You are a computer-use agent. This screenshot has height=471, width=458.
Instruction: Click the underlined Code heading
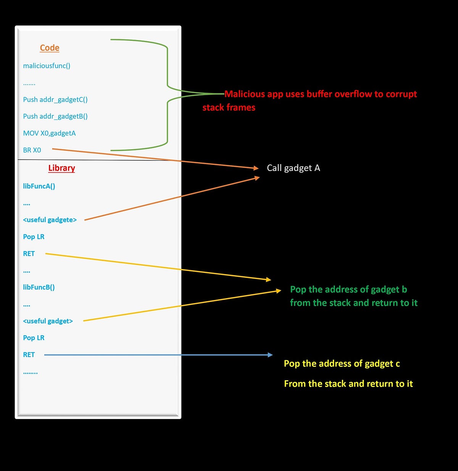50,48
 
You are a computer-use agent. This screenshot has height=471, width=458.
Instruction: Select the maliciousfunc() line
47,66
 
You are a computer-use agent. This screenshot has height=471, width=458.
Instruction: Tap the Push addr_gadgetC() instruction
55,100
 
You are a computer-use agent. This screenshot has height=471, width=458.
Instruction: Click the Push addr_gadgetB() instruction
55,116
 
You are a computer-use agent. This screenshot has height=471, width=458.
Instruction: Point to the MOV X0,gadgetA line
49,133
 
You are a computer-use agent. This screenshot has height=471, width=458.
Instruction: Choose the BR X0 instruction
32,150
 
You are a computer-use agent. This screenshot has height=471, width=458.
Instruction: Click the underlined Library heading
61,168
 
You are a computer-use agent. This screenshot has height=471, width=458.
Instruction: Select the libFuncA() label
39,186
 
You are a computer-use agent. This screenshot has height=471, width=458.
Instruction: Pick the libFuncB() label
39,287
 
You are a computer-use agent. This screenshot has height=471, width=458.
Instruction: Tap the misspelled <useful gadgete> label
50,220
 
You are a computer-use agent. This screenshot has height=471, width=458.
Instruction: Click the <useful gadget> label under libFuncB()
48,321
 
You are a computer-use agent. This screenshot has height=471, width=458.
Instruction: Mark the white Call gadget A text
293,168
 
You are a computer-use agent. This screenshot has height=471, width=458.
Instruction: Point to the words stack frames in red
229,108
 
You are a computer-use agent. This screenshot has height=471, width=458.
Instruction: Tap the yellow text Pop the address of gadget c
342,363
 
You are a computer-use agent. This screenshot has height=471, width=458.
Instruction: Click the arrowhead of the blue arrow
271,355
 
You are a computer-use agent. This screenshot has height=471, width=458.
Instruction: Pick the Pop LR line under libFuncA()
34,237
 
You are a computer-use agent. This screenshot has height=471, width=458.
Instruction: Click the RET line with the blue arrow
29,355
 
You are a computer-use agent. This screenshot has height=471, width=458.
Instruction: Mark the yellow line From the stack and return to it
348,384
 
